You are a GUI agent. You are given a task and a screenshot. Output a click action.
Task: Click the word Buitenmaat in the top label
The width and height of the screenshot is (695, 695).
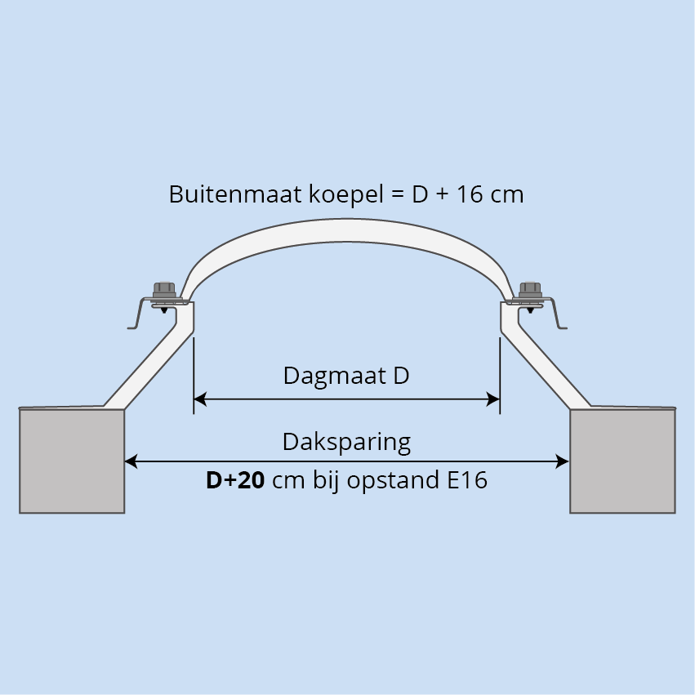point(235,194)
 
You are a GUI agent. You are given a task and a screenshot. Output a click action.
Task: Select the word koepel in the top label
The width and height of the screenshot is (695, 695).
point(345,195)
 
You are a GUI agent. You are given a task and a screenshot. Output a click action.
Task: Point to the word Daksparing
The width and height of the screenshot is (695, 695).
point(346,443)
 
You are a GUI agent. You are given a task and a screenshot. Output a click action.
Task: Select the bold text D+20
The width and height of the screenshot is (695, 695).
point(235,480)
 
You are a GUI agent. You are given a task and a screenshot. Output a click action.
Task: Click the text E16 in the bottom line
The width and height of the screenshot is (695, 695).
point(467,480)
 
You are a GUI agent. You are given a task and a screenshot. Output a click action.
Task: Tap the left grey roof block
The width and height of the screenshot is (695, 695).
point(72,461)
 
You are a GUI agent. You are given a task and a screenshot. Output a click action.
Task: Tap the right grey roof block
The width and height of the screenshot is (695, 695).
point(623,461)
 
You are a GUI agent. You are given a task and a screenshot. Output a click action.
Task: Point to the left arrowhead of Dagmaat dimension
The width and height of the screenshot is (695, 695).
point(200,399)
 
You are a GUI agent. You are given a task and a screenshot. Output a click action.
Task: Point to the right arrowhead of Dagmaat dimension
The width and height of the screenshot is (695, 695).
point(493,399)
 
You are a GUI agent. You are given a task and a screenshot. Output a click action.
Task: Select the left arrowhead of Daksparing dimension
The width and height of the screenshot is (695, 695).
point(131,461)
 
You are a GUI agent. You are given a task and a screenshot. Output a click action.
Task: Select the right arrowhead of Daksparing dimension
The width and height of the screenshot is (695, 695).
point(563,461)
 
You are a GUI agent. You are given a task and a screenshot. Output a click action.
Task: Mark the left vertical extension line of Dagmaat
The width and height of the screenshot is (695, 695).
point(194,376)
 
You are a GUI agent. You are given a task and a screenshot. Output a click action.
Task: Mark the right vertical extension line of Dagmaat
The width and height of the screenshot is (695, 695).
point(500,376)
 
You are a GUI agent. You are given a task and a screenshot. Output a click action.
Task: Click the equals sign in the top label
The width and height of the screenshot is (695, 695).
point(398,195)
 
